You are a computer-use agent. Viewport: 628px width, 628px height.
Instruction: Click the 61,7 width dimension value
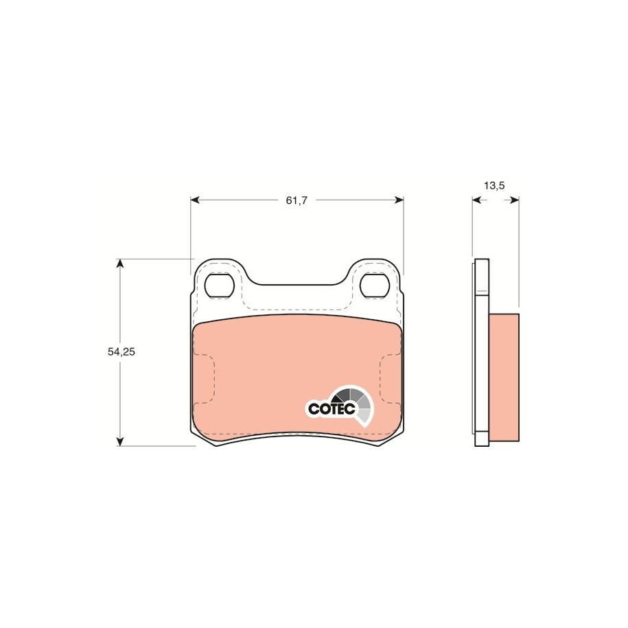coord(296,200)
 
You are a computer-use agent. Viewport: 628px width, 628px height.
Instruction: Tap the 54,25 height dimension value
coord(121,351)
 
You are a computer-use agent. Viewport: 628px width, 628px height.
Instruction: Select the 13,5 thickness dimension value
coord(494,185)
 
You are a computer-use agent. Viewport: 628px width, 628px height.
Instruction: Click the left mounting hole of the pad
coord(219,285)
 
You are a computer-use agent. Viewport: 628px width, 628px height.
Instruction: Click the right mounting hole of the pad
coord(375,285)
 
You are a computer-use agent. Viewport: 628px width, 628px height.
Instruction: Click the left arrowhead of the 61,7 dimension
coord(195,200)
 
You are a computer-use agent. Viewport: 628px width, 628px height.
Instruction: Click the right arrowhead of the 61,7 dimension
coord(399,200)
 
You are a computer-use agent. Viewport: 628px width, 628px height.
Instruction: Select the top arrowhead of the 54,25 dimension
coord(119,264)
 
